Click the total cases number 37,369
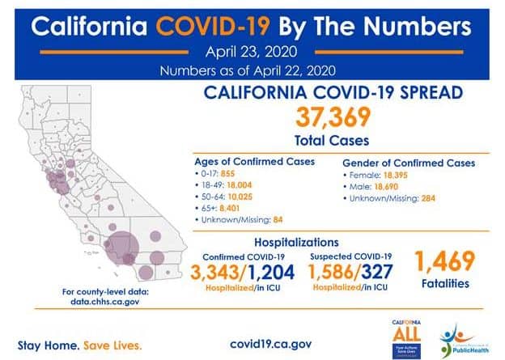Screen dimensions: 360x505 [x=334, y=119]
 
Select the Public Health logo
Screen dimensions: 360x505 [x=461, y=338]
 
